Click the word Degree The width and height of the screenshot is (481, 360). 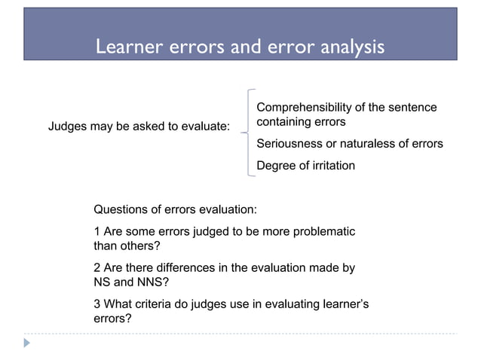click(276, 165)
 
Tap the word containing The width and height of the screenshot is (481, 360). click(284, 121)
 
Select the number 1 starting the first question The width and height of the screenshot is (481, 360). click(97, 230)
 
